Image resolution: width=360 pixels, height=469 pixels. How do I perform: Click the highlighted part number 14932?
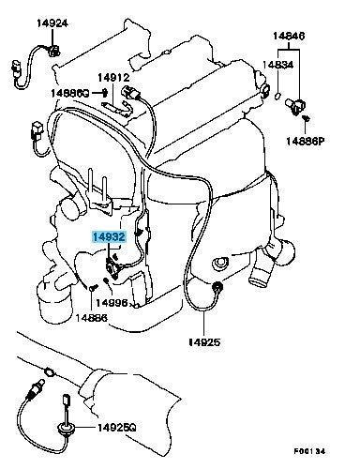click(x=109, y=237)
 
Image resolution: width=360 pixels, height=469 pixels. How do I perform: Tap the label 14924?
click(x=52, y=23)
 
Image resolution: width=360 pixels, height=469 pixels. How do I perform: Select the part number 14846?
click(x=289, y=36)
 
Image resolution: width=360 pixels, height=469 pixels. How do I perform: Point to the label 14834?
click(x=277, y=65)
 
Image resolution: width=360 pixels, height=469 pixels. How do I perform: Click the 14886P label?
click(x=306, y=142)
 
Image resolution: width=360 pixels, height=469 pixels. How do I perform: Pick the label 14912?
click(x=113, y=77)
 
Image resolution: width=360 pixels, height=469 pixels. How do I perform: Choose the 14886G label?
click(x=70, y=93)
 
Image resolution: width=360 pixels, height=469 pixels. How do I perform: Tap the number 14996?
click(x=112, y=303)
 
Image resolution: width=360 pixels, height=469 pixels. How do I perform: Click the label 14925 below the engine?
click(x=204, y=341)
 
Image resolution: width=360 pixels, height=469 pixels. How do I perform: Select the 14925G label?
click(x=117, y=427)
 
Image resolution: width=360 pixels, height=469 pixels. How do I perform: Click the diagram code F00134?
click(x=309, y=451)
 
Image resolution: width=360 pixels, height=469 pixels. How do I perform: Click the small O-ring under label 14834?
click(x=277, y=96)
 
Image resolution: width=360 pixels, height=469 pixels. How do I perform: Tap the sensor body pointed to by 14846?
click(x=295, y=106)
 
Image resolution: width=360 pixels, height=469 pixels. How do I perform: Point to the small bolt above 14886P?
click(x=307, y=118)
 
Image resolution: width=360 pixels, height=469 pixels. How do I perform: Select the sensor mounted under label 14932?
click(x=112, y=268)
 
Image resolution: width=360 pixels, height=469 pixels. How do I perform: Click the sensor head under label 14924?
click(x=53, y=50)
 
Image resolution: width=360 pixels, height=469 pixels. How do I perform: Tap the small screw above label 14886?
click(x=94, y=287)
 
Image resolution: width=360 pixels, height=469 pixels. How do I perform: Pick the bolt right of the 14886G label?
click(x=105, y=92)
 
